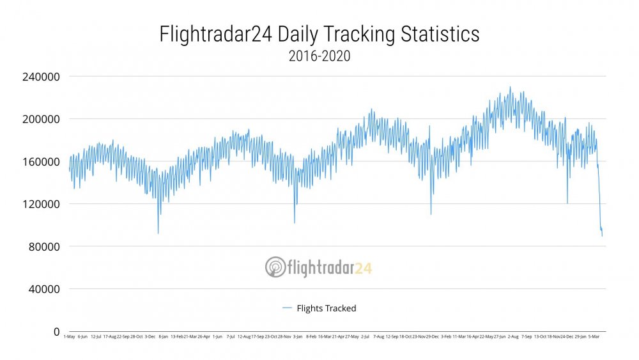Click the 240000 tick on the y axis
pos(42,77)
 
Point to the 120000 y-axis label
pos(42,204)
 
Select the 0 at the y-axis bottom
pos(57,331)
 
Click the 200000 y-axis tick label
pos(42,119)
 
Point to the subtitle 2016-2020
pos(319,56)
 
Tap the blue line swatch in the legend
pos(287,308)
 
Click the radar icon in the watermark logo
pos(275,267)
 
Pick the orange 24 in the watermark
pos(363,267)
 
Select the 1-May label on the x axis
pos(69,336)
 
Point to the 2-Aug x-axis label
pos(512,336)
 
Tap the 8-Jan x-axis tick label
pos(163,336)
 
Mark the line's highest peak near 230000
pos(510,87)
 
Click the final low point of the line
pos(602,236)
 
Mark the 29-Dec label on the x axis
pos(432,336)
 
